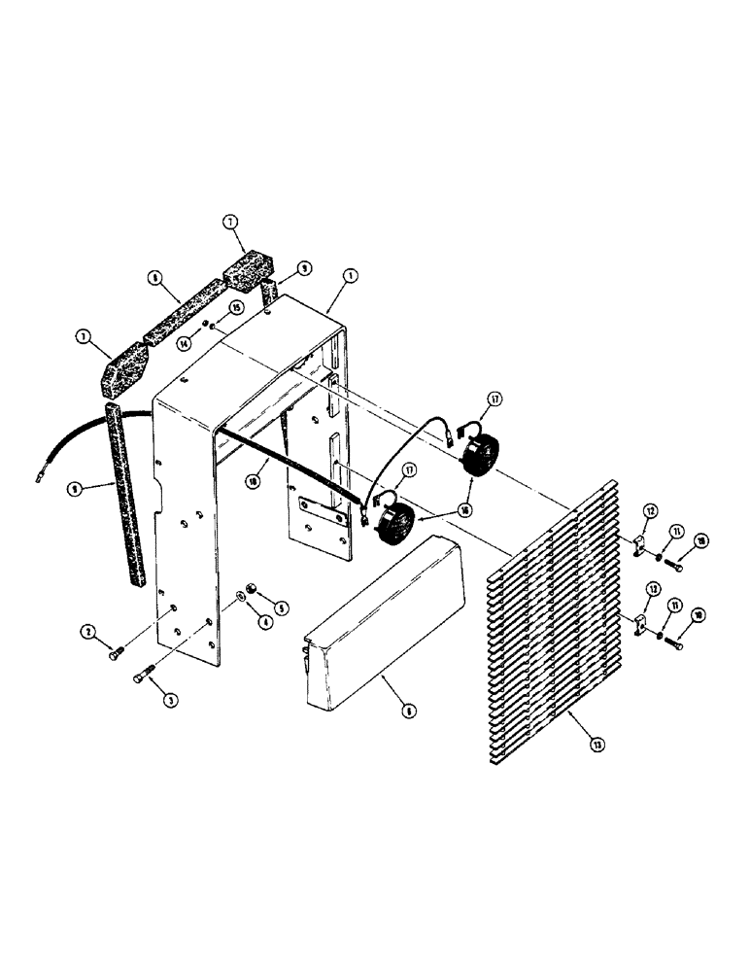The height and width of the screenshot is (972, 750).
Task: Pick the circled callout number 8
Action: coord(154,276)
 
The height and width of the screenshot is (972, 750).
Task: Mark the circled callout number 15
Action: coord(236,309)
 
